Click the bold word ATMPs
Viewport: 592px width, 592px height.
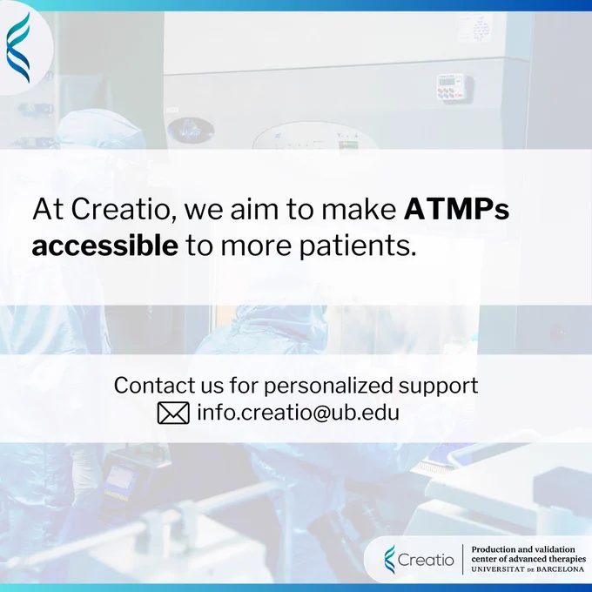coord(456,209)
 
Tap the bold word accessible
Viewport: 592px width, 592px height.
coord(105,246)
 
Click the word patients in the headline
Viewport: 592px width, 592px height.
coord(357,247)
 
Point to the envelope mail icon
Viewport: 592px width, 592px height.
coord(173,413)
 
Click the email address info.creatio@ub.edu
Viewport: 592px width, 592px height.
coord(299,412)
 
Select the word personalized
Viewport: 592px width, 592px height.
coord(328,387)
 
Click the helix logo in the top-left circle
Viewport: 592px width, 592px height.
coord(18,47)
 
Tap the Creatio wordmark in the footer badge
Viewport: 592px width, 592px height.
coord(426,560)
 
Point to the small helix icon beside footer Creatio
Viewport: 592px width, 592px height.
coord(390,560)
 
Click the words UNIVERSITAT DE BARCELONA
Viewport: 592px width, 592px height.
coord(528,569)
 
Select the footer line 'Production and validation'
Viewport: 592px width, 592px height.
coord(523,549)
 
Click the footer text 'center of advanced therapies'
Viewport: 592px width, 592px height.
coord(528,559)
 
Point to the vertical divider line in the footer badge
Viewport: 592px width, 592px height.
coord(463,560)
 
